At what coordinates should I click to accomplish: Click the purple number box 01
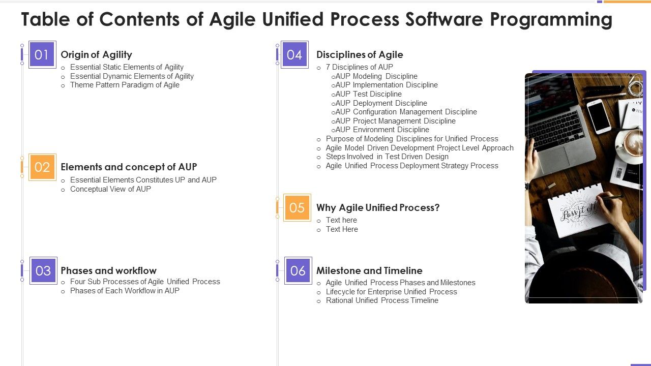pos(42,54)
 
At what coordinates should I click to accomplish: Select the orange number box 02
pos(42,167)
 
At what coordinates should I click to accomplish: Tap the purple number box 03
pos(43,270)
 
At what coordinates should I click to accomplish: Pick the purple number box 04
pos(294,54)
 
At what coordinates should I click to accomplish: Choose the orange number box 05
pos(297,207)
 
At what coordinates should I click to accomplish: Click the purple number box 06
pos(298,270)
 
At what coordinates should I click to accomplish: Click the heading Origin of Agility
pos(96,54)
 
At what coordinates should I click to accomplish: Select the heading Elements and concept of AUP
pos(129,167)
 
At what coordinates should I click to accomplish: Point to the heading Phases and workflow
pos(108,270)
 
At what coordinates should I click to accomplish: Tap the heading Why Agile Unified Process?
pos(377,207)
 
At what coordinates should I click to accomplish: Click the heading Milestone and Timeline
pos(369,270)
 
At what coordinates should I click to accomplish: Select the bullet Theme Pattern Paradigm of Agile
pos(125,85)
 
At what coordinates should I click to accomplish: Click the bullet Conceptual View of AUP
pos(110,189)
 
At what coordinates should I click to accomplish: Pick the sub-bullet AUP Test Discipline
pos(368,94)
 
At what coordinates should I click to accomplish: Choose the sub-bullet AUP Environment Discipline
pos(382,130)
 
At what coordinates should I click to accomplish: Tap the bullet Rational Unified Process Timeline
pos(382,300)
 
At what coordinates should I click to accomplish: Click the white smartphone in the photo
pos(599,116)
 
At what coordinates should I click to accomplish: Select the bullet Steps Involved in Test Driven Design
pos(387,157)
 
